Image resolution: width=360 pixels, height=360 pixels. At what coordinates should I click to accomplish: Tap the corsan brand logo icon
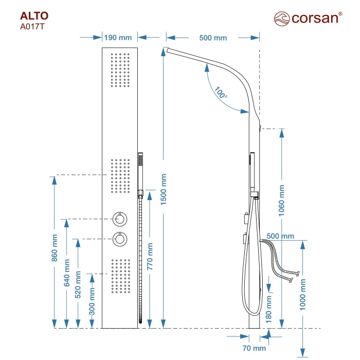tap(282, 19)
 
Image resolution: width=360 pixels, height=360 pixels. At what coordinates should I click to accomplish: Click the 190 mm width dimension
tap(118, 38)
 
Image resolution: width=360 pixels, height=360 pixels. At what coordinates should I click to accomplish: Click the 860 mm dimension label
tap(55, 247)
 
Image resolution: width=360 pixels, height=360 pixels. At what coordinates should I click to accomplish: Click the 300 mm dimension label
tap(92, 301)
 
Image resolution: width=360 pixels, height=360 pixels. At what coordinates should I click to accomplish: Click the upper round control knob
tap(121, 219)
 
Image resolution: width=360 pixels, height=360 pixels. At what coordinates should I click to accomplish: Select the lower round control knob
tap(121, 239)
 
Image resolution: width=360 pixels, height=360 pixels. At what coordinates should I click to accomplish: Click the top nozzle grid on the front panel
tap(121, 69)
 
